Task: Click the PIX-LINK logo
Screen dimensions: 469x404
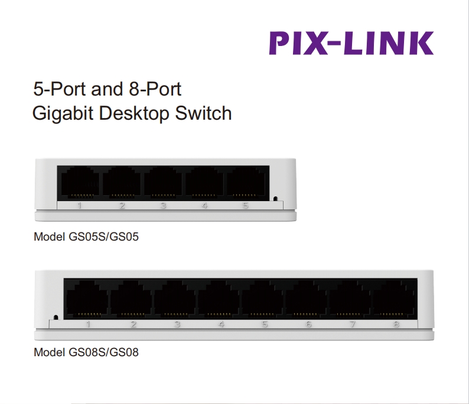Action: pos(351,43)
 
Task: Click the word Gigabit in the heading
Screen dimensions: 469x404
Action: pos(63,114)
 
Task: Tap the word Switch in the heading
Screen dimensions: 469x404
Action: pos(203,113)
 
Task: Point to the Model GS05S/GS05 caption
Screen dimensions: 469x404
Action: pos(86,237)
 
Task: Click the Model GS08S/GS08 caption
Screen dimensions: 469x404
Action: pos(86,352)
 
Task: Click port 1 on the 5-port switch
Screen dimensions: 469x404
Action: pos(80,182)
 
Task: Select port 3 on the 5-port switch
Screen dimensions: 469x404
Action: pos(163,182)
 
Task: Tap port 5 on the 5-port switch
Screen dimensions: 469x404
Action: pos(246,182)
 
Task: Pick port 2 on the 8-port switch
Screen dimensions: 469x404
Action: pos(131,299)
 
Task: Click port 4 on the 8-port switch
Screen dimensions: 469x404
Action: pos(219,299)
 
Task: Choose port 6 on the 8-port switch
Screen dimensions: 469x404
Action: pos(306,299)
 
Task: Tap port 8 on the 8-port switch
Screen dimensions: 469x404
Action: pos(393,299)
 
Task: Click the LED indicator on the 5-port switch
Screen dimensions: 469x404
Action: pos(275,199)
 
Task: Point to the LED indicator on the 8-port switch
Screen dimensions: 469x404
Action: pos(56,317)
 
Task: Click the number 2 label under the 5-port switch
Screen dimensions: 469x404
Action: pos(122,205)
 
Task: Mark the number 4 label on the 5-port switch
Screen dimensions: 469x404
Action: pos(204,205)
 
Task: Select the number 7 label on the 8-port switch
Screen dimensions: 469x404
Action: pos(353,324)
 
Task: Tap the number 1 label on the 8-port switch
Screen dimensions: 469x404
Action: pos(88,324)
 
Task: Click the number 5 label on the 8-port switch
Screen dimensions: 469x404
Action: pos(265,324)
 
